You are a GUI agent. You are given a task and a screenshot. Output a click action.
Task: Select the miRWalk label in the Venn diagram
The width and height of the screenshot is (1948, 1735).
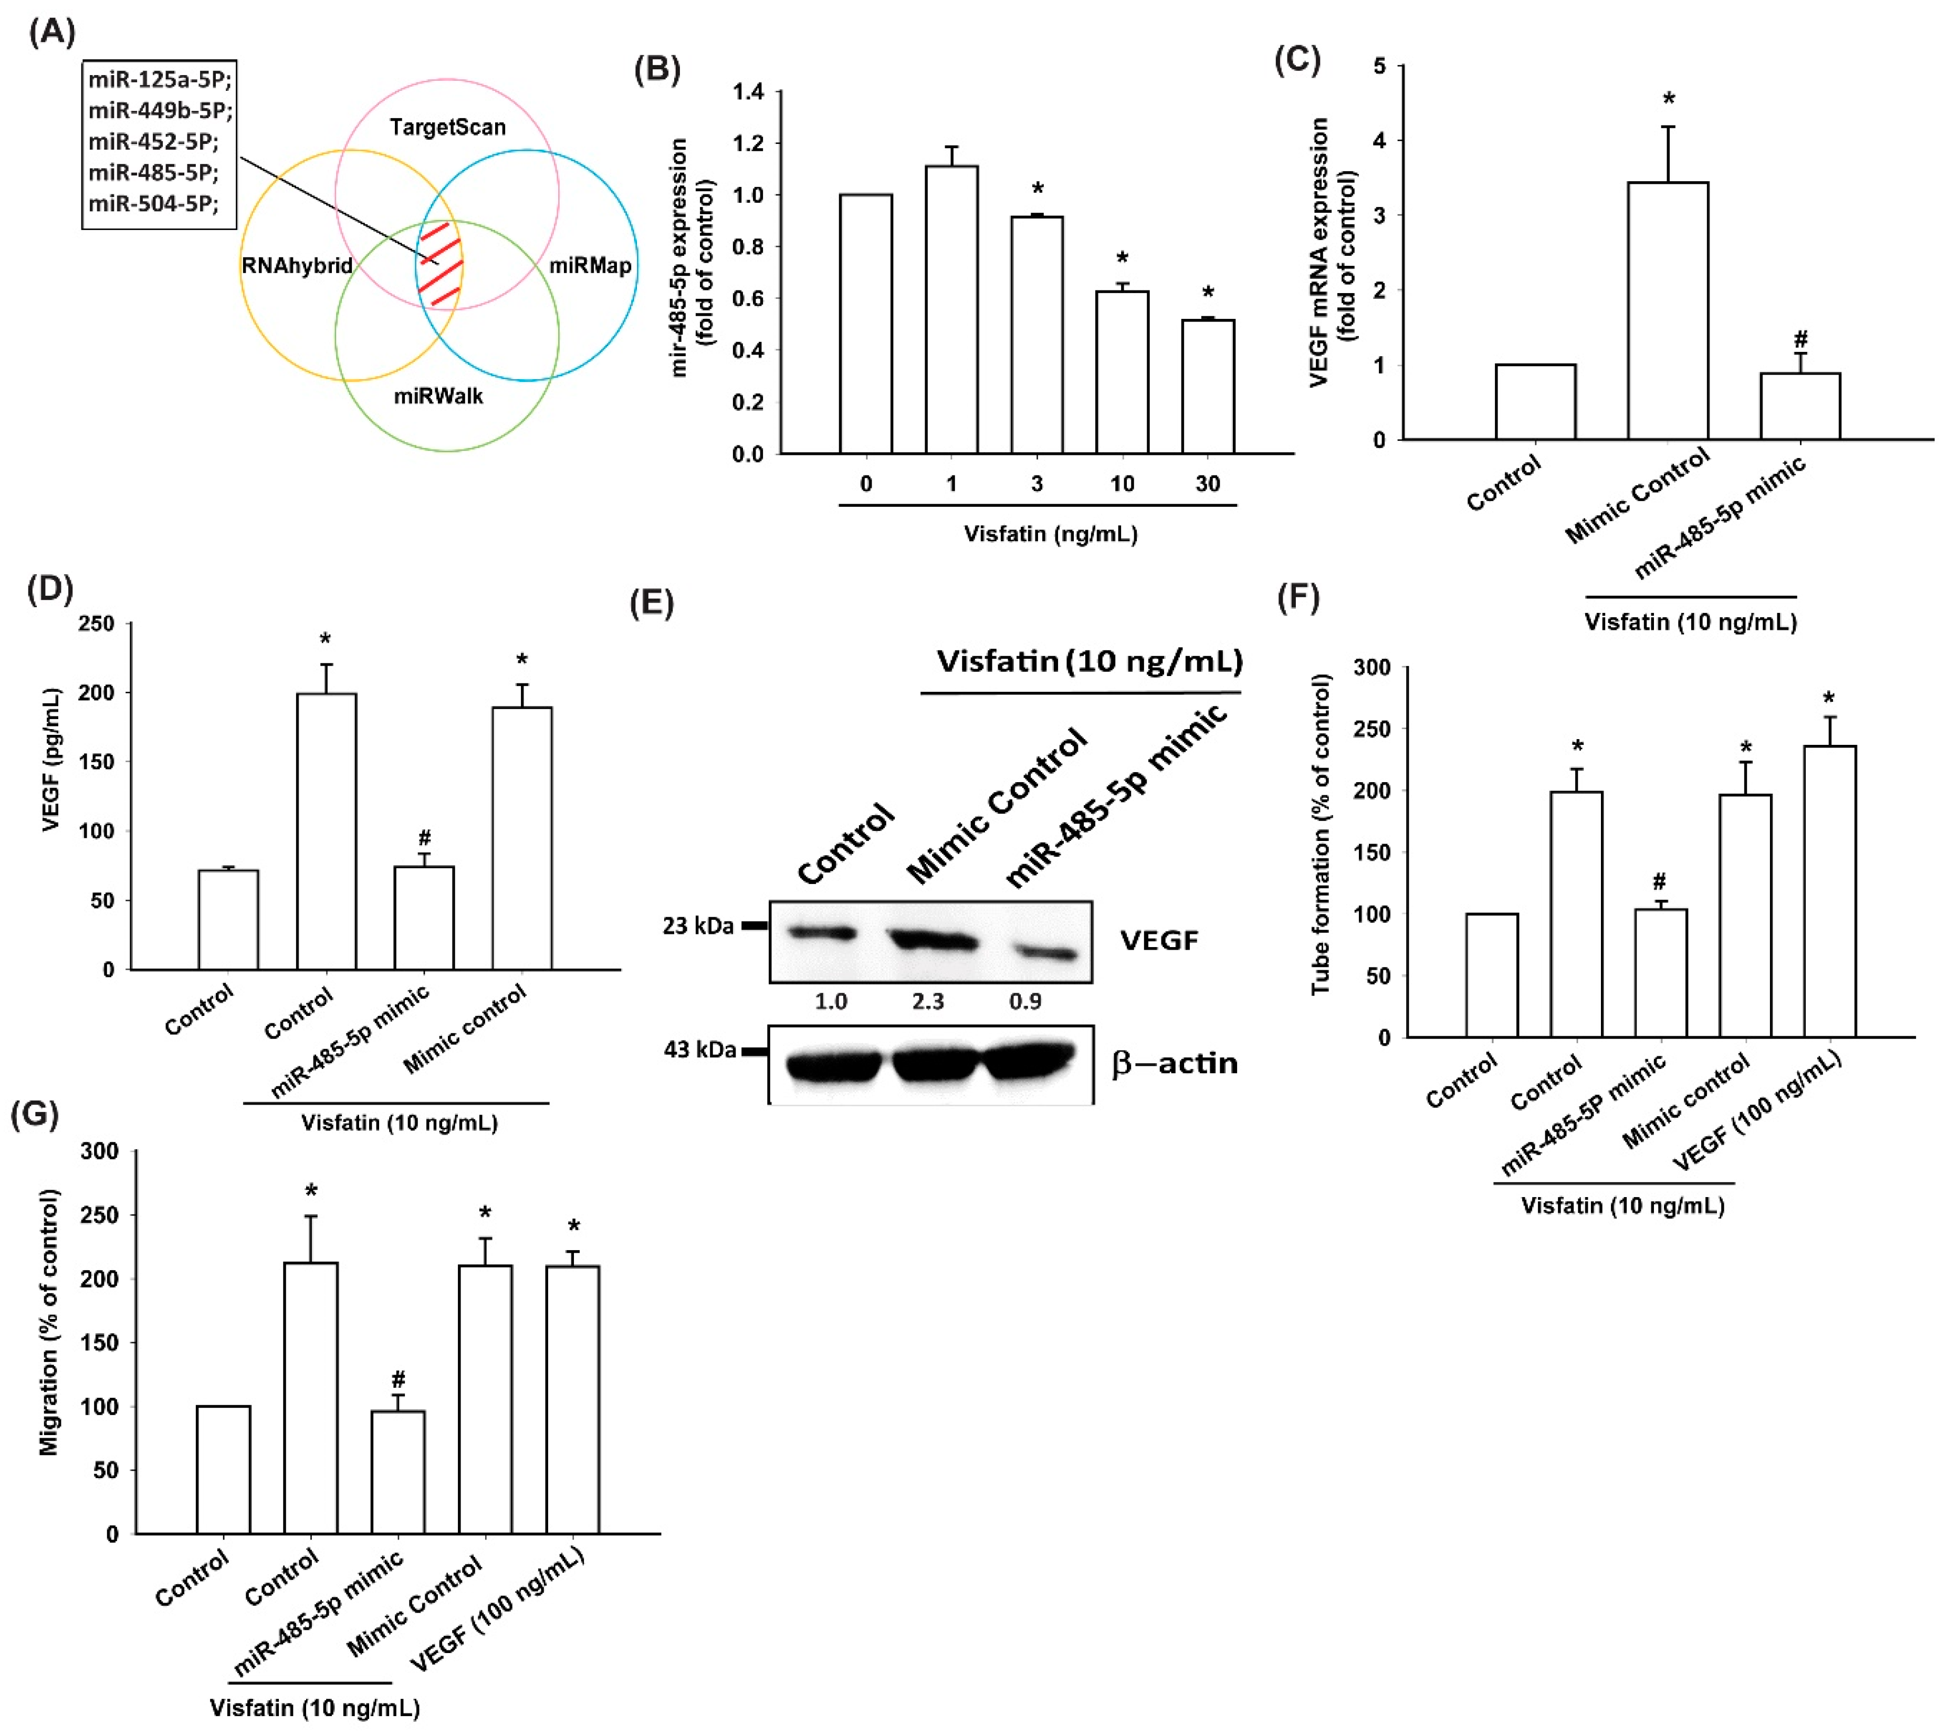click(438, 396)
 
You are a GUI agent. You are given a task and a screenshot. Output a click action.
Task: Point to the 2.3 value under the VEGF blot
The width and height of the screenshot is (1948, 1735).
click(927, 1001)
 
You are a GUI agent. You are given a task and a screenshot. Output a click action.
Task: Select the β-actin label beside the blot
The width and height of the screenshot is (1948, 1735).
click(1174, 1063)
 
